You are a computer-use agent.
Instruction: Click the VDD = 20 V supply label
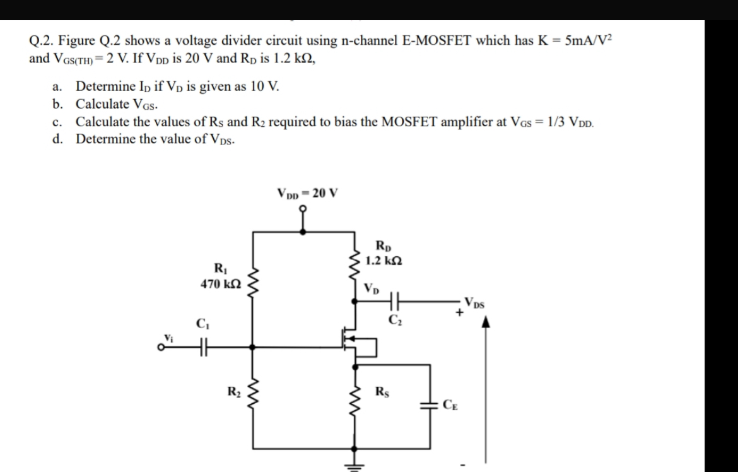(307, 192)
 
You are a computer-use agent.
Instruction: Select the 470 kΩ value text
(219, 285)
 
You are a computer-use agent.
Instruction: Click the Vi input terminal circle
(161, 346)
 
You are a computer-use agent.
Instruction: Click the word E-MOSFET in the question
(436, 42)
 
